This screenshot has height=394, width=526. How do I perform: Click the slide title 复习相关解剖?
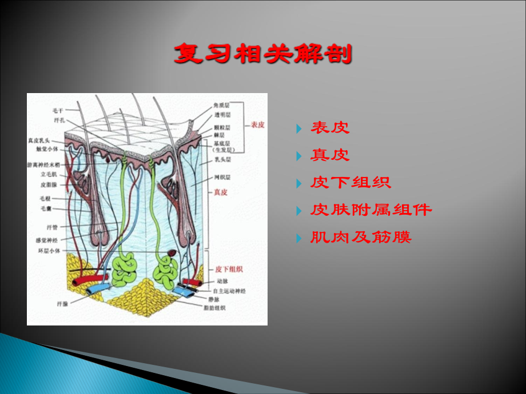click(263, 55)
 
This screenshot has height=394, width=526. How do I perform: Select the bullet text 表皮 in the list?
click(330, 128)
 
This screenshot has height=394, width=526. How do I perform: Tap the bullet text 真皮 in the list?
click(330, 155)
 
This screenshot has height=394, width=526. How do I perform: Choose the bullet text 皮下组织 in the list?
click(350, 183)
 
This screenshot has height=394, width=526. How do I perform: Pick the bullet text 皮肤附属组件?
click(371, 210)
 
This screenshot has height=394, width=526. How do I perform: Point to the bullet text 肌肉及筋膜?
click(361, 237)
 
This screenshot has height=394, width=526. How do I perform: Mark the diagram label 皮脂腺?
click(49, 185)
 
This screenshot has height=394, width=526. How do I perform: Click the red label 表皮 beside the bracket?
click(257, 125)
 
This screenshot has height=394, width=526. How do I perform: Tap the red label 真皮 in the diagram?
click(221, 192)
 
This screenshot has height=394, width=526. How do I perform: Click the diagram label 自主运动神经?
click(225, 291)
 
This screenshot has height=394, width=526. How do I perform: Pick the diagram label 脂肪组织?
click(214, 308)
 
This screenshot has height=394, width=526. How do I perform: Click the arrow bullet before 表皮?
click(300, 128)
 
